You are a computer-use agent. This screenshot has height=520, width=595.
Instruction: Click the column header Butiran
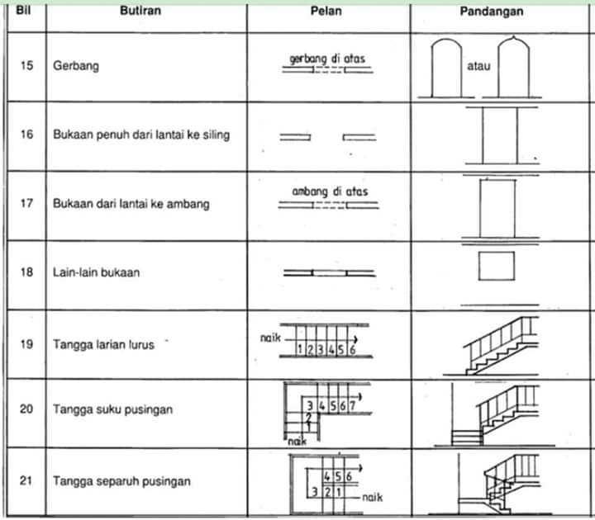[x=140, y=11]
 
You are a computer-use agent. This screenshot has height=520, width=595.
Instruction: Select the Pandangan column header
[x=492, y=12]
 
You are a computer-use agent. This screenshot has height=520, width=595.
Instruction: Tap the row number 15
[x=26, y=65]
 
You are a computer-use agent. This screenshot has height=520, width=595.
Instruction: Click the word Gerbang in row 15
[x=76, y=66]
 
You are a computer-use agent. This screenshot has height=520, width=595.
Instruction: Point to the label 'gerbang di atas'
[x=327, y=59]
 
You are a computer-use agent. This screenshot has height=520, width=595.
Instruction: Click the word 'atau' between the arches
[x=478, y=66]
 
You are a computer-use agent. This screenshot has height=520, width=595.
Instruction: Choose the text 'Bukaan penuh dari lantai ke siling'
[x=141, y=135]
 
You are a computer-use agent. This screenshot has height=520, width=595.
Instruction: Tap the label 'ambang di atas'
[x=330, y=191]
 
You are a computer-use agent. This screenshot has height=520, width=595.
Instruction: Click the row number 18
[x=26, y=272]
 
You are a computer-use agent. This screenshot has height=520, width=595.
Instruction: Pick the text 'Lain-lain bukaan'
[x=96, y=272]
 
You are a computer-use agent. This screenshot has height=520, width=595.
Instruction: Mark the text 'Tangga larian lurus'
[x=103, y=344]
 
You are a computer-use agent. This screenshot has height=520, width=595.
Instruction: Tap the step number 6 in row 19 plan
[x=353, y=350]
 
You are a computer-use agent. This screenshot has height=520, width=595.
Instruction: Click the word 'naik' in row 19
[x=270, y=338]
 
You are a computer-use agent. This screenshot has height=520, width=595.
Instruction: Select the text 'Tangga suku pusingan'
[x=112, y=409]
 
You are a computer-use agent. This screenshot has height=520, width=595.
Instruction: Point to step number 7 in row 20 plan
[x=353, y=406]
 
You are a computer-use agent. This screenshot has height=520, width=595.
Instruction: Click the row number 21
[x=26, y=480]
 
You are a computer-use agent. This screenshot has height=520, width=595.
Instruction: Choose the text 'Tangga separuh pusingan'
[x=121, y=481]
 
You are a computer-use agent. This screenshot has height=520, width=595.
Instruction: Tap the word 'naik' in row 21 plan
[x=372, y=497]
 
